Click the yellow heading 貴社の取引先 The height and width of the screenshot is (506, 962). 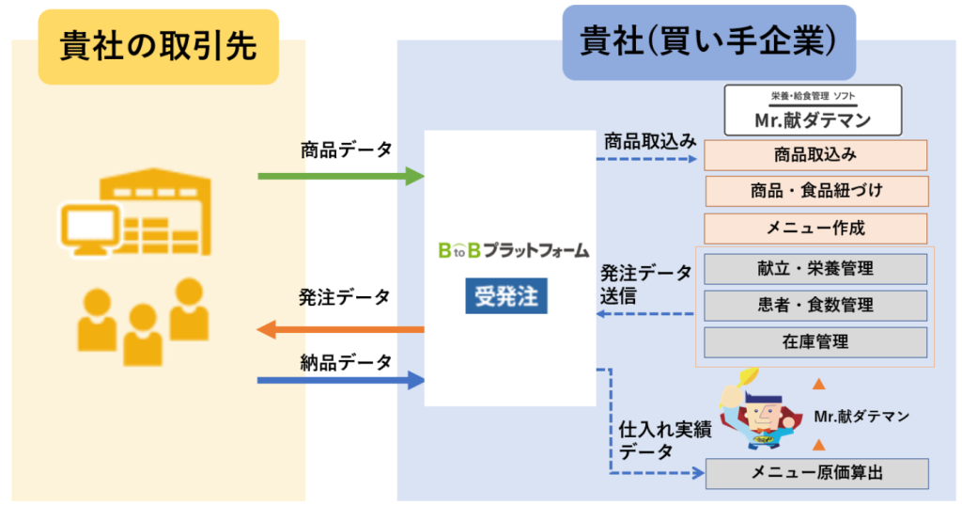coord(158,47)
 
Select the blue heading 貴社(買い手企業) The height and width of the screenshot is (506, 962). coord(708,42)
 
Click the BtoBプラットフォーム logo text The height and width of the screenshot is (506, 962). coord(513,250)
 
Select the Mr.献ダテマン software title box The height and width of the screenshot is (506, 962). coord(814,110)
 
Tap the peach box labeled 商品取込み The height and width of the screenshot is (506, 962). coord(815,155)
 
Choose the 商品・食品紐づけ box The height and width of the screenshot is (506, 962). coord(815,191)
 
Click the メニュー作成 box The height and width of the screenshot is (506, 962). coord(815,228)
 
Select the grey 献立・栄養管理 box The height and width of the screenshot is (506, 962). coord(815,268)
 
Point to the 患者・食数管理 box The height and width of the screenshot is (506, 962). coord(815,305)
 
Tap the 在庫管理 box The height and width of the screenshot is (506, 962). coord(815,341)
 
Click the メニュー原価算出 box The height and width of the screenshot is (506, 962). coord(815,473)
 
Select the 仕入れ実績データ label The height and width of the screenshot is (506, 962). coord(659,440)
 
